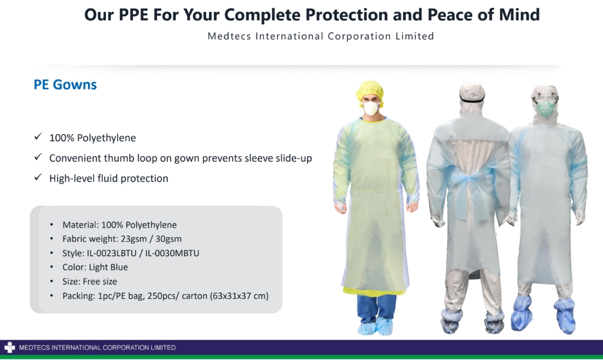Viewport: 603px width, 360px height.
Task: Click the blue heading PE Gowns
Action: pyautogui.click(x=65, y=85)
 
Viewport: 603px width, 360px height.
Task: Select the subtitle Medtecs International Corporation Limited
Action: pyautogui.click(x=321, y=36)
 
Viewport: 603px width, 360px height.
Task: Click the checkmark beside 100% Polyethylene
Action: pyautogui.click(x=38, y=136)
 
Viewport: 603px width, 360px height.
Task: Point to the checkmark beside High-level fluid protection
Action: pyautogui.click(x=38, y=177)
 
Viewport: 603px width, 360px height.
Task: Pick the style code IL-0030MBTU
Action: pyautogui.click(x=172, y=253)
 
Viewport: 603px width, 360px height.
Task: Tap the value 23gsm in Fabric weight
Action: pyautogui.click(x=134, y=239)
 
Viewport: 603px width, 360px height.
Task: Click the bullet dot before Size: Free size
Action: pyautogui.click(x=52, y=282)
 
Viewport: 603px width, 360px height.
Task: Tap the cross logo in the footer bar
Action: pyautogui.click(x=10, y=347)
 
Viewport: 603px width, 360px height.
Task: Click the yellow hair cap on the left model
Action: pyautogui.click(x=370, y=90)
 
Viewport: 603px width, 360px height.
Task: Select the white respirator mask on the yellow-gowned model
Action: pyautogui.click(x=371, y=108)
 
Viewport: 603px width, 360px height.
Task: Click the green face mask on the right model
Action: pyautogui.click(x=545, y=108)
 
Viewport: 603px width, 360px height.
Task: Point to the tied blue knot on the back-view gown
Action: pyautogui.click(x=470, y=180)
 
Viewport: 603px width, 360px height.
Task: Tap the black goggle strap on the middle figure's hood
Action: pyautogui.click(x=472, y=100)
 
